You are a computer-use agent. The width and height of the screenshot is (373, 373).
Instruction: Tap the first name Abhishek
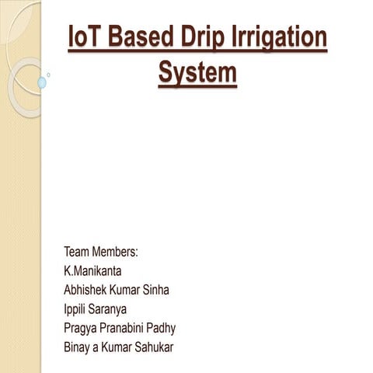click(89, 290)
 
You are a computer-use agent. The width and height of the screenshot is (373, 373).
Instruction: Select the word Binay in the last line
click(78, 347)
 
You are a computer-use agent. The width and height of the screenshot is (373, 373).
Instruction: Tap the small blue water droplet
click(41, 82)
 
